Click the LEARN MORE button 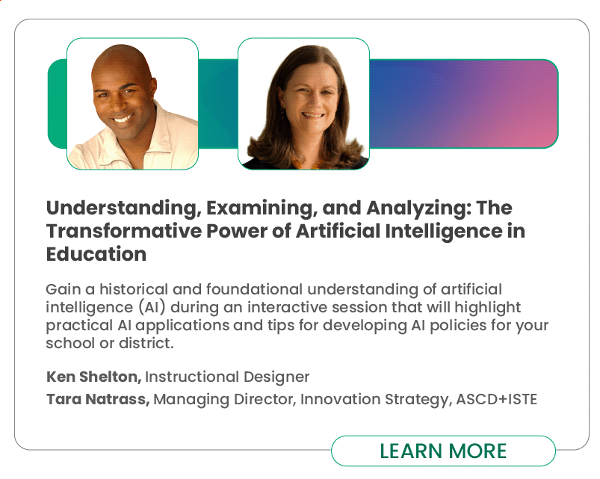(x=443, y=451)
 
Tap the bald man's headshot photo (x=133, y=104)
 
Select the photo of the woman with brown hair (x=304, y=104)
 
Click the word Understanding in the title (x=124, y=208)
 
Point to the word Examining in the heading (x=263, y=208)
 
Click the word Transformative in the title (x=123, y=231)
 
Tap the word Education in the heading (x=96, y=254)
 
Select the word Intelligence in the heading (x=444, y=232)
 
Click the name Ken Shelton (x=93, y=377)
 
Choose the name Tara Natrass (x=98, y=399)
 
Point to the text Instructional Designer (x=227, y=377)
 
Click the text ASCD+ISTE (x=497, y=399)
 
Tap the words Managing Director (x=225, y=400)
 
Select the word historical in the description (x=134, y=289)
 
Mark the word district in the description (x=146, y=343)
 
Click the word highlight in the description (x=487, y=308)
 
